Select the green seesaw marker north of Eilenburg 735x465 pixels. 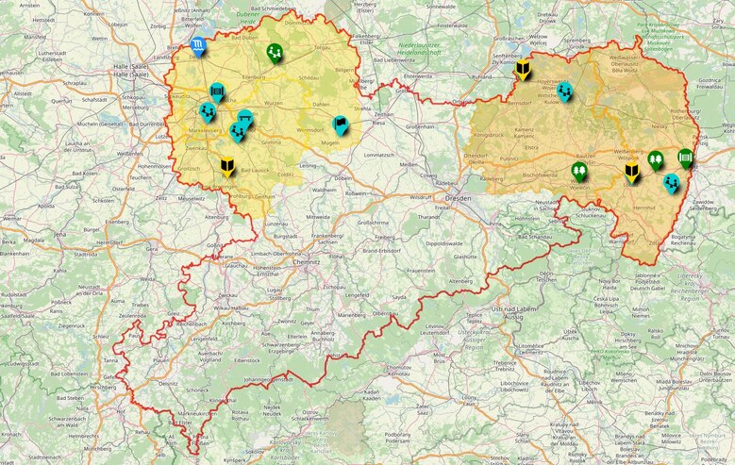(275, 52)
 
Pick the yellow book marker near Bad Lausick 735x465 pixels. (226, 167)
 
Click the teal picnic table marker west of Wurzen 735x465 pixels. (245, 118)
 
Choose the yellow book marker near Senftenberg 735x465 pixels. (524, 69)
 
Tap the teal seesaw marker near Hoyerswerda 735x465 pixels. (564, 91)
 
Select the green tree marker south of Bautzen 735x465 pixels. (579, 171)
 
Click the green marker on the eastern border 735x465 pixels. (686, 158)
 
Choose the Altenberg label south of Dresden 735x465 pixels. (460, 280)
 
